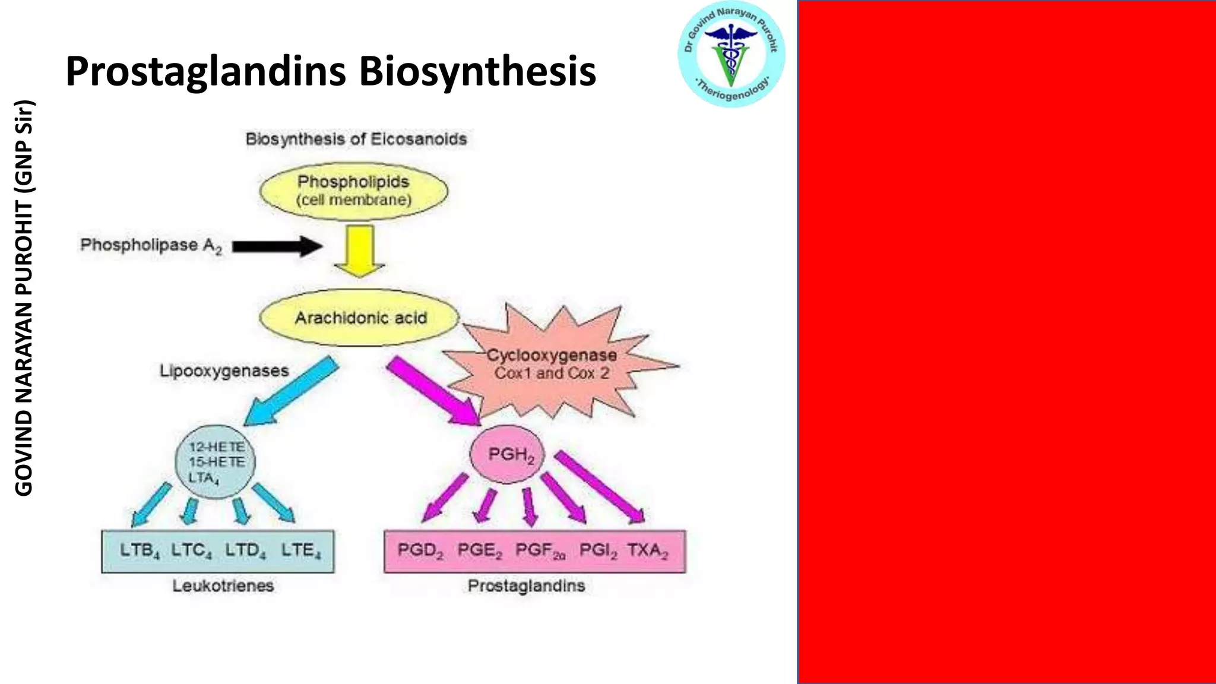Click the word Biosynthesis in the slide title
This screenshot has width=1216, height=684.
pos(477,72)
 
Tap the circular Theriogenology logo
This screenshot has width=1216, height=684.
pos(731,54)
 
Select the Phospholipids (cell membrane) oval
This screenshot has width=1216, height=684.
pos(354,191)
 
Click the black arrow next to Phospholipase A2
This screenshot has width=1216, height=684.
pos(277,246)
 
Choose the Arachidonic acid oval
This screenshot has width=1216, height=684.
pos(360,318)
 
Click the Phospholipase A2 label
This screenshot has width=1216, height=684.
pos(151,245)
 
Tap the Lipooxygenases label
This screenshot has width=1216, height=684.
pos(224,371)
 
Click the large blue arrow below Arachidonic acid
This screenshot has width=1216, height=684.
pos(290,391)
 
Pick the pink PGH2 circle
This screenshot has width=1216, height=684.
pos(508,454)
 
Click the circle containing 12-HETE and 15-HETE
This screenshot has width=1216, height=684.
pos(215,462)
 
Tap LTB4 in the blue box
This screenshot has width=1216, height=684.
pos(140,550)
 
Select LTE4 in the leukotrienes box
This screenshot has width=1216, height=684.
pos(301,550)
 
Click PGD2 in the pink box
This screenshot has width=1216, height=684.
pos(420,550)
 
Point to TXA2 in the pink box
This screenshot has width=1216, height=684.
pos(647,550)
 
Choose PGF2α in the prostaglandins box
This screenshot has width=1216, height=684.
pos(540,550)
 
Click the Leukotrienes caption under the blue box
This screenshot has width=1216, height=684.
pos(223,586)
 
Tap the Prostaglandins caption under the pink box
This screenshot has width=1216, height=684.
pos(526,586)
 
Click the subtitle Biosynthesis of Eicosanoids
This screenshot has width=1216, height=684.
pos(356,139)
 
